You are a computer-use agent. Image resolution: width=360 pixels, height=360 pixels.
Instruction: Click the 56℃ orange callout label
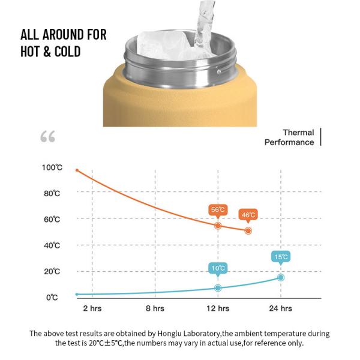(x=218, y=209)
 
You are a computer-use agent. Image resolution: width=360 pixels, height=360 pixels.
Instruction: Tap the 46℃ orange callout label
(x=248, y=214)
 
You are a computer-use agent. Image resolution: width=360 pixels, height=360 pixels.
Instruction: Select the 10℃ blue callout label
(x=218, y=268)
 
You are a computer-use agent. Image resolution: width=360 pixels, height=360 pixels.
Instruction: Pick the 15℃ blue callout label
(x=281, y=257)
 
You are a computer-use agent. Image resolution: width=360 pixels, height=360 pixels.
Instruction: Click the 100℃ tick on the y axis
(x=52, y=167)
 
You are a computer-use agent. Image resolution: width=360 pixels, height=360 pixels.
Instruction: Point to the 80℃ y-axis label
(x=52, y=193)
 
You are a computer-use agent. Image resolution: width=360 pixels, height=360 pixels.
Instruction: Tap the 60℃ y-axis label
(x=52, y=220)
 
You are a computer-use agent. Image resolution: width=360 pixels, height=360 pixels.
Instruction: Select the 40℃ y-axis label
(x=52, y=245)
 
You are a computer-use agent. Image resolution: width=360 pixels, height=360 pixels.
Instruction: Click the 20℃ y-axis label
(x=52, y=271)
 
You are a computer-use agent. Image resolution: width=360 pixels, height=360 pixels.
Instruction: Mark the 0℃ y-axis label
(x=52, y=298)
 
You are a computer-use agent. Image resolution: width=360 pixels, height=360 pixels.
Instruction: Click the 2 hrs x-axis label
(x=92, y=308)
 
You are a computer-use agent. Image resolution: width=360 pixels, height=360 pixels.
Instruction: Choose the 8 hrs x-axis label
(x=155, y=308)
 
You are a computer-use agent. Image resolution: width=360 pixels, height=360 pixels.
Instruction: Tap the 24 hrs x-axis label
(x=281, y=308)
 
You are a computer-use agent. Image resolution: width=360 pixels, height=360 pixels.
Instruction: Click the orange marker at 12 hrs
(x=218, y=226)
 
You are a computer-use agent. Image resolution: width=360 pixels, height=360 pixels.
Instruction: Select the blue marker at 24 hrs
(x=281, y=277)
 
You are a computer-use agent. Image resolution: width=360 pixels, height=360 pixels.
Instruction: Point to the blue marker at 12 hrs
(x=218, y=288)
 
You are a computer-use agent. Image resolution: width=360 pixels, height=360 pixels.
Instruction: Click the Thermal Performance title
(x=290, y=137)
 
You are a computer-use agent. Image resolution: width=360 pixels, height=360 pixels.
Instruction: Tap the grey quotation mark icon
(x=48, y=137)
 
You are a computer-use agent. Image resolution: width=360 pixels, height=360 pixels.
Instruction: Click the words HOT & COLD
(x=50, y=51)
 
